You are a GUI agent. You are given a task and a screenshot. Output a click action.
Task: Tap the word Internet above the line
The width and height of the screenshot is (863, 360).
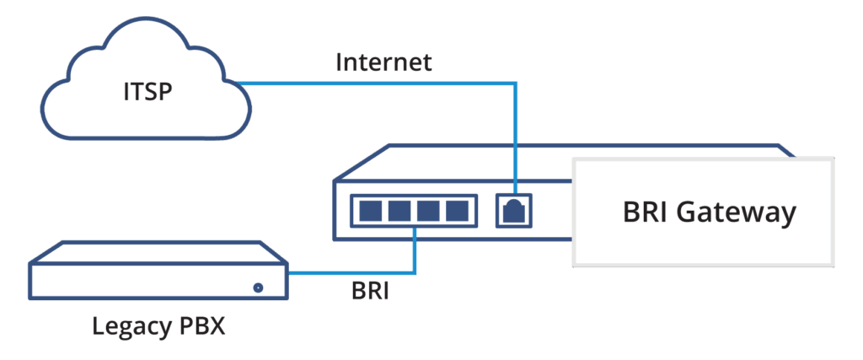coord(383,62)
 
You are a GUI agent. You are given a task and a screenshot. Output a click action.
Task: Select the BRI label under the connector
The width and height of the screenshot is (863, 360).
coord(370,293)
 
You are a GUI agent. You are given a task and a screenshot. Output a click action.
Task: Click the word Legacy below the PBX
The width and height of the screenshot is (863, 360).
coord(131,325)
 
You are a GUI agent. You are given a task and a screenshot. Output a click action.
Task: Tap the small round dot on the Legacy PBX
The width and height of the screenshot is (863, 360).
coord(258,287)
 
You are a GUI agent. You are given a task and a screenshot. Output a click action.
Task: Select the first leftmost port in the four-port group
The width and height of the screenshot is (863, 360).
coord(368,211)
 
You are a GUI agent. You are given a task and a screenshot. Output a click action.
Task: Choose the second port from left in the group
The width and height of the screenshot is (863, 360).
coord(398,211)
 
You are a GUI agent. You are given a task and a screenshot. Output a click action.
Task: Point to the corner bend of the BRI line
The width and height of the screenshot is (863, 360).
coord(415,271)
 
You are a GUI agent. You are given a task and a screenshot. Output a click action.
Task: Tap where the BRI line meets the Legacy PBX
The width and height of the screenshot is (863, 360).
coord(289,271)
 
